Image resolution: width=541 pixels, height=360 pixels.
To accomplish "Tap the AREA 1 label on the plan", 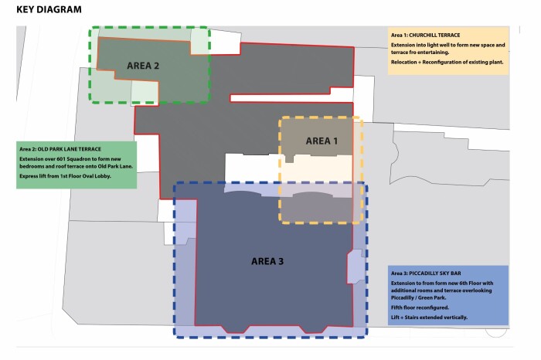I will (x=322, y=141).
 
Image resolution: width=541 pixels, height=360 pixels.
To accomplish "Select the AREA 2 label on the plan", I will (x=143, y=66).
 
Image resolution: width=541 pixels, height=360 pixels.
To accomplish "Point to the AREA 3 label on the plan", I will (x=267, y=261).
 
